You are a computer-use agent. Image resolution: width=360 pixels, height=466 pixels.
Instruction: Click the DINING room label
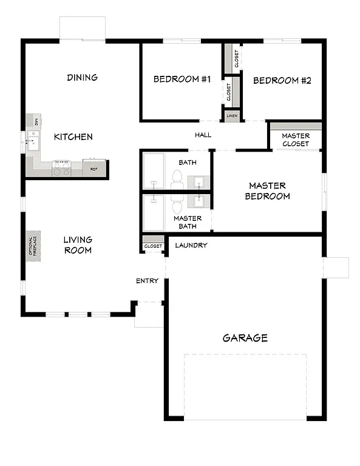[82, 78]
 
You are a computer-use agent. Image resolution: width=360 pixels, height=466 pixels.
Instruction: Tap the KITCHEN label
[73, 137]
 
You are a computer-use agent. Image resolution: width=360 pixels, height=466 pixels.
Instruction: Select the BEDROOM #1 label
[182, 79]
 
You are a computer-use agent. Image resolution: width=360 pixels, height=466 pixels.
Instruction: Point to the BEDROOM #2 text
[282, 80]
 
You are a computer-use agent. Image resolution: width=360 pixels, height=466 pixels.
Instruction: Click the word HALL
[203, 135]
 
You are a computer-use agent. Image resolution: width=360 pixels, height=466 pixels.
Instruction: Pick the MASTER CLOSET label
[296, 140]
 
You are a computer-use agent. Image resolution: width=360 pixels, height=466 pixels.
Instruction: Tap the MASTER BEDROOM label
[267, 191]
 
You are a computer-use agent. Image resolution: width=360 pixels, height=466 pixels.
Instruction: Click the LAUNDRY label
[191, 245]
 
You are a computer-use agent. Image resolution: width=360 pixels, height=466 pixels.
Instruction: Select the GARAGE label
[245, 338]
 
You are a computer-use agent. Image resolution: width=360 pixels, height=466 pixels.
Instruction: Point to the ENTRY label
[147, 281]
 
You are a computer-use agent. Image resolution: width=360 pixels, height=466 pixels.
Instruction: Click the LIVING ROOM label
[78, 245]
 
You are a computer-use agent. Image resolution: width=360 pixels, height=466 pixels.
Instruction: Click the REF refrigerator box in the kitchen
[94, 168]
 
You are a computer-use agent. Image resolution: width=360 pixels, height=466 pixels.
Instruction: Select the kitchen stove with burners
[62, 168]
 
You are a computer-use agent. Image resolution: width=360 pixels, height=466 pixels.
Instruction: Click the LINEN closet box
[232, 115]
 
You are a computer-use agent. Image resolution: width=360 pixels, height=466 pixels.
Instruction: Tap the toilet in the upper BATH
[177, 177]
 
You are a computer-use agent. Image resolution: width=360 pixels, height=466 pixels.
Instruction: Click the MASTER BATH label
[188, 222]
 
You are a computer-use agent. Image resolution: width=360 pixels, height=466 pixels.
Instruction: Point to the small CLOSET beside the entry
[153, 246]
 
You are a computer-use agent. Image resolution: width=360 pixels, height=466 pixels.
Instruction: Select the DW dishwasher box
[36, 121]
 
